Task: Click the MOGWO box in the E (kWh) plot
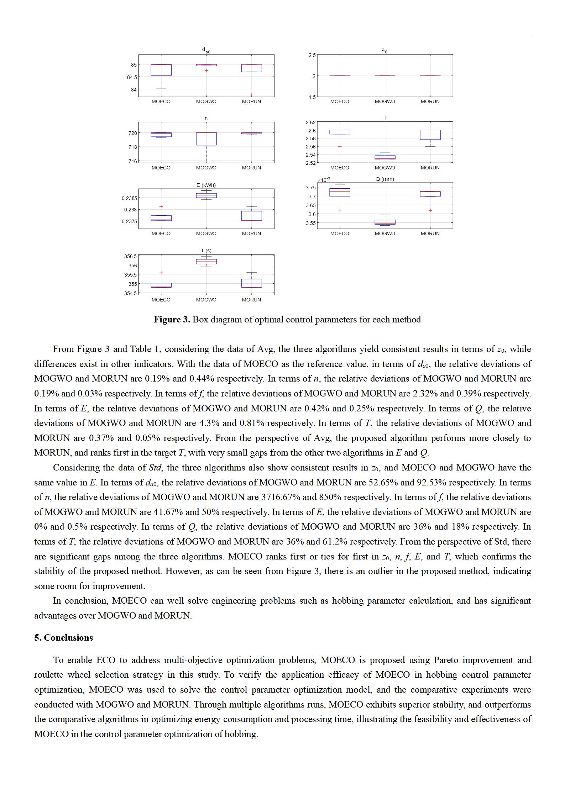tap(206, 195)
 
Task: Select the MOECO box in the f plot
tap(340, 132)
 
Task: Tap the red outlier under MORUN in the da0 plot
tap(251, 95)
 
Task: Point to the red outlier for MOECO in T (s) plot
tap(161, 273)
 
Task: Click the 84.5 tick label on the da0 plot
tap(132, 77)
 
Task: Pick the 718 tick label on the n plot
tap(132, 147)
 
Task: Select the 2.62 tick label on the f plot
tap(310, 122)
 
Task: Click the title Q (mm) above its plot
tap(384, 179)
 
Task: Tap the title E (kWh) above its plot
tap(206, 185)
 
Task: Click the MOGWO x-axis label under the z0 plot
tap(384, 101)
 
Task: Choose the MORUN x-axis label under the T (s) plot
tap(251, 300)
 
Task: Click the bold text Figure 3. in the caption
tap(172, 319)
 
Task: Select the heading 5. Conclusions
tap(63, 637)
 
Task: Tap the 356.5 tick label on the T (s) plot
tap(130, 256)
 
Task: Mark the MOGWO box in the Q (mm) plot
tap(385, 222)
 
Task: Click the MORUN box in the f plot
tap(430, 135)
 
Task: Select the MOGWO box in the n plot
tap(206, 139)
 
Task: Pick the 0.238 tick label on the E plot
tap(130, 210)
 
